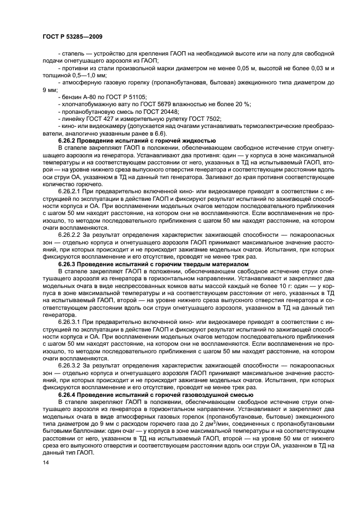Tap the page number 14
[45, 462]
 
